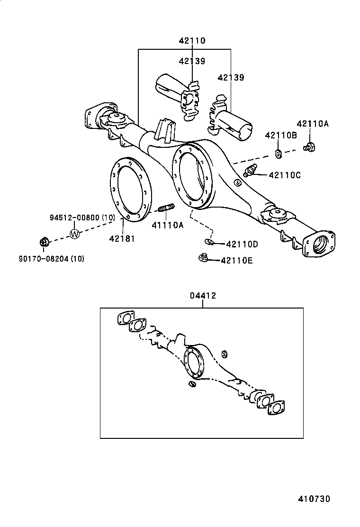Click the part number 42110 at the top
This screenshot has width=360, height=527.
pos(192,41)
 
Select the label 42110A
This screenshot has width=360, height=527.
pos(312,124)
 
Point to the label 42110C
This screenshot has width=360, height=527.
pos(284,175)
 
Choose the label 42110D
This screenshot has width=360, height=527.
pos(242,244)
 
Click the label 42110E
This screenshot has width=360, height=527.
pos(237,260)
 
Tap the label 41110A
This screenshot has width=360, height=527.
pos(167,225)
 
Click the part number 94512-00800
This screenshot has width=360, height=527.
pos(75,218)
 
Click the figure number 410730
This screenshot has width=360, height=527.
pos(314,499)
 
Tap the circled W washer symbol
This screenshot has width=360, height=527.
pos(75,234)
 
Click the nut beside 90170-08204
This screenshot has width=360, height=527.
pos(44,243)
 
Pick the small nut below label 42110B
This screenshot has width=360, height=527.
pos(279,153)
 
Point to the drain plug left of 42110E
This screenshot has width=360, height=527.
pos(203,258)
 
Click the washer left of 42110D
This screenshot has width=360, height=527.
pos(208,243)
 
